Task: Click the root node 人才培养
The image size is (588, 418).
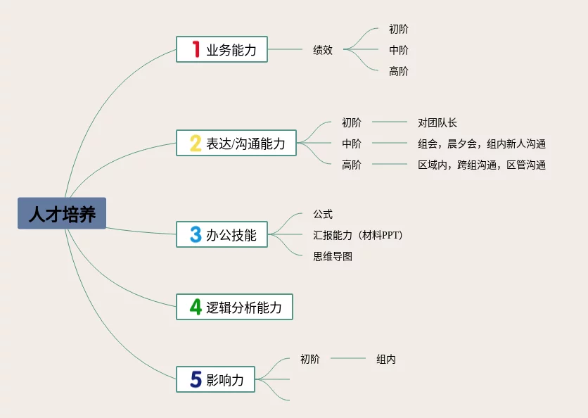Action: pyautogui.click(x=62, y=213)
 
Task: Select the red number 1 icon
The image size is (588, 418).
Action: pyautogui.click(x=196, y=49)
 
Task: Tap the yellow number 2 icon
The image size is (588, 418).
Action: pyautogui.click(x=196, y=144)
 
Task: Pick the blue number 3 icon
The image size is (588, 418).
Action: pyautogui.click(x=196, y=234)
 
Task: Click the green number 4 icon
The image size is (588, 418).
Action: pyautogui.click(x=196, y=307)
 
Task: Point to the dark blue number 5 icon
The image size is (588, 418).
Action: pyautogui.click(x=196, y=380)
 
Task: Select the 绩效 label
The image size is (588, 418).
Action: pyautogui.click(x=323, y=50)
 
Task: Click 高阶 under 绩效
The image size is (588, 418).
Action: pyautogui.click(x=398, y=70)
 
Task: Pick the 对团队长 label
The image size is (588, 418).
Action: pyautogui.click(x=437, y=122)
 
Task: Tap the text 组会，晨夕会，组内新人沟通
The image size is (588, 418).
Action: pyautogui.click(x=481, y=144)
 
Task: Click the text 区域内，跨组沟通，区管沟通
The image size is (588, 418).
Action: pyautogui.click(x=481, y=165)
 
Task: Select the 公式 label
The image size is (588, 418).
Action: pyautogui.click(x=323, y=213)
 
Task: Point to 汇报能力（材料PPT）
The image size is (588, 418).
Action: pyautogui.click(x=357, y=234)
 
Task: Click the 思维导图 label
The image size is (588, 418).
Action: pyautogui.click(x=333, y=255)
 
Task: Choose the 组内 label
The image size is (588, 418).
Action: pyautogui.click(x=385, y=359)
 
